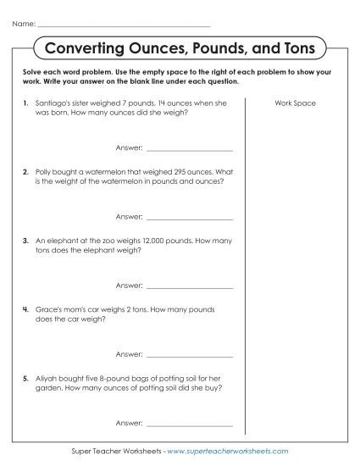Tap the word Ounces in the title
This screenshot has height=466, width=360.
[151, 48]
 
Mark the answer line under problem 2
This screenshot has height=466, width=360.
[189, 216]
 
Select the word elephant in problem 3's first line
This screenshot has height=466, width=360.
[64, 240]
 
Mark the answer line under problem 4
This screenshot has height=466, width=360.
[189, 352]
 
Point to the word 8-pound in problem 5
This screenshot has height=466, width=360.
[115, 376]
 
